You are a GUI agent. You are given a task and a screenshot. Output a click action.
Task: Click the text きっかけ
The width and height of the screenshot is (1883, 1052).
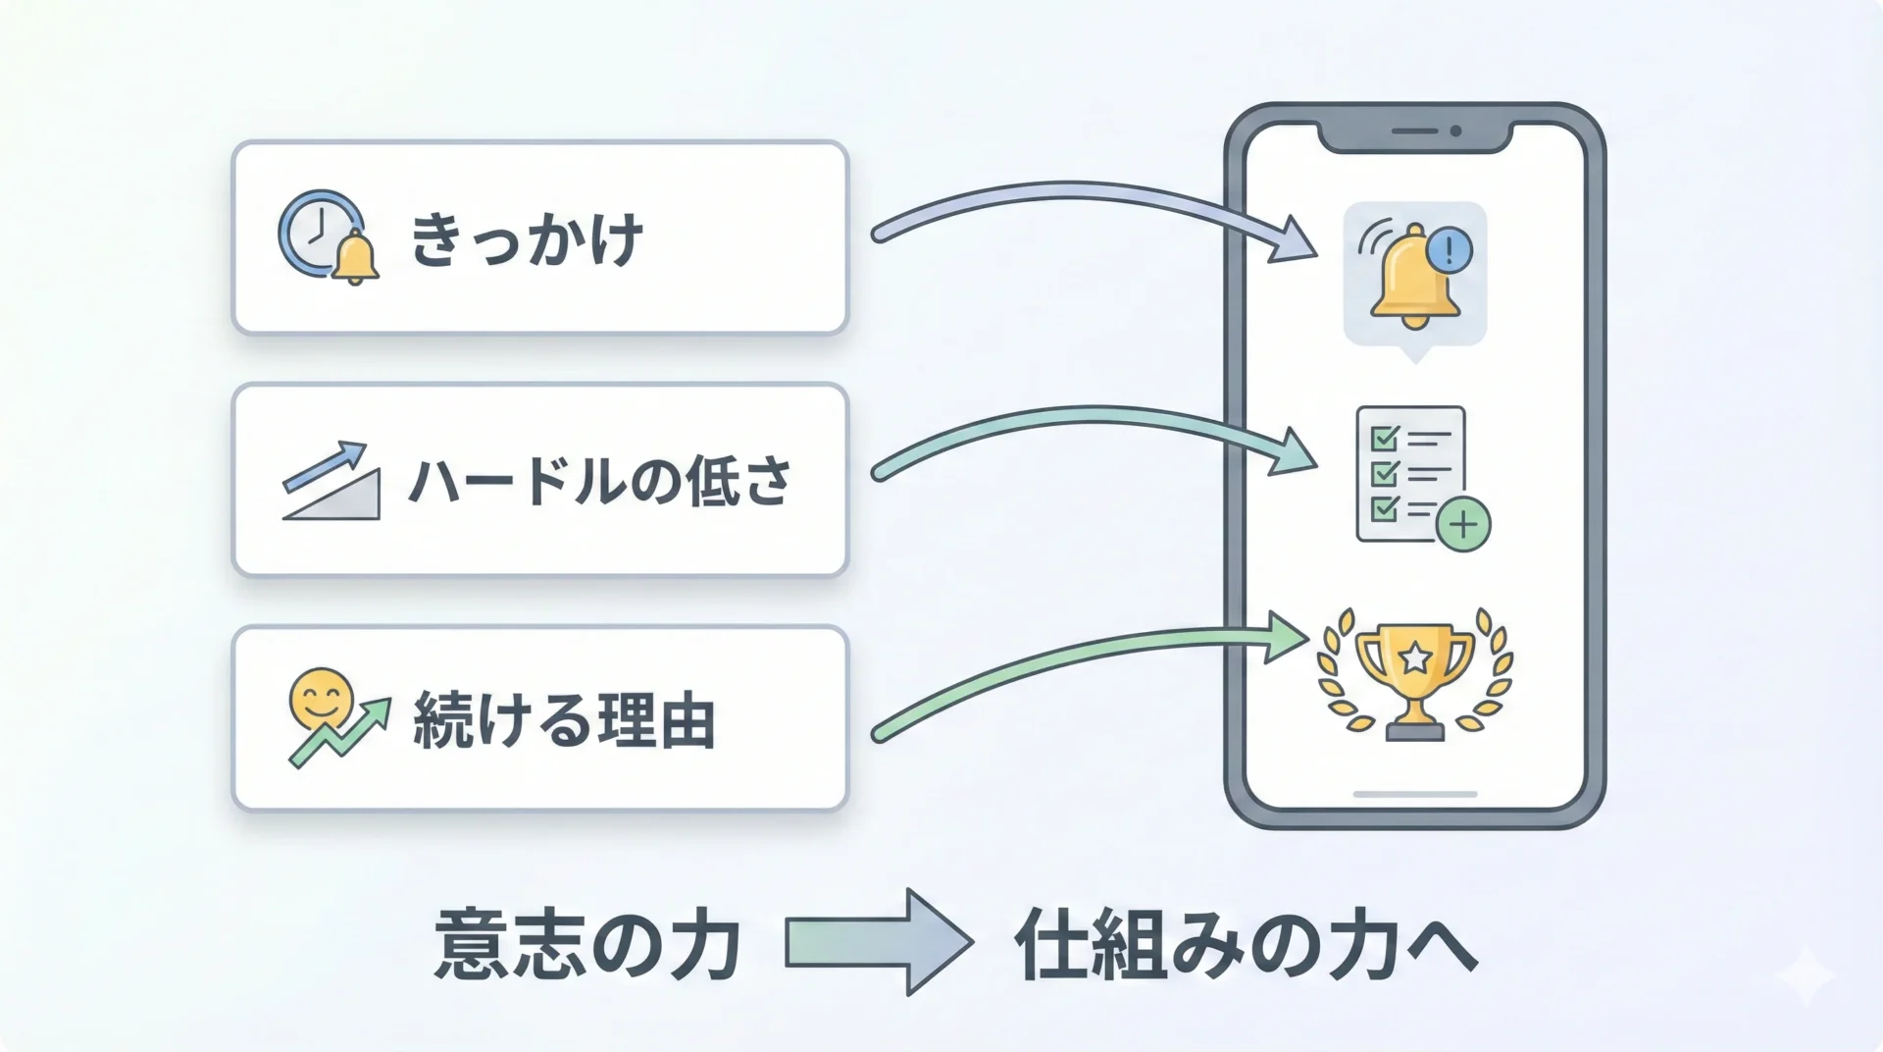527,239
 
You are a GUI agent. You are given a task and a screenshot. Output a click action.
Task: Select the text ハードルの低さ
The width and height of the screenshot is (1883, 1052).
598,481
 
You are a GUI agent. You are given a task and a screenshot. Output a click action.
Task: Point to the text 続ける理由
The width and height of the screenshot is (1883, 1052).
564,721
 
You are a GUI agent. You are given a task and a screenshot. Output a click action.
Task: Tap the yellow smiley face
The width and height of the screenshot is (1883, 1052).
321,699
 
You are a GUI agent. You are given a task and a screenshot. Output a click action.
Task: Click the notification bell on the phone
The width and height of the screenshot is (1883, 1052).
1412,275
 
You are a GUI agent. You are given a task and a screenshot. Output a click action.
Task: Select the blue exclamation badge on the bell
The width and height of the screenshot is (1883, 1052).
1449,249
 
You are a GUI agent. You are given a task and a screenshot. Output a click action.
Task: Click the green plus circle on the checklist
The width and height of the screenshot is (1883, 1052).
1463,525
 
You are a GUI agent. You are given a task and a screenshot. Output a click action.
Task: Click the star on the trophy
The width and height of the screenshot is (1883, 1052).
1414,657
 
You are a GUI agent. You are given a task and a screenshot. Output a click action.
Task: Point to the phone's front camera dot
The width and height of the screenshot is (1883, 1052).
1455,131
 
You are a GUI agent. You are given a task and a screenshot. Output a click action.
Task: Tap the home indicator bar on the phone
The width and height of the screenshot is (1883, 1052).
1414,794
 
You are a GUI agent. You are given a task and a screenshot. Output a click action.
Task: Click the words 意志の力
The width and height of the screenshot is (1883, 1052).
586,945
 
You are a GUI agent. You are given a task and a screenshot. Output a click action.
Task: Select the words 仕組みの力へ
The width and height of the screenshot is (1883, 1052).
1246,945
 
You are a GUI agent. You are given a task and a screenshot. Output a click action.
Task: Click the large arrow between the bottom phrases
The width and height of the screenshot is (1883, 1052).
879,942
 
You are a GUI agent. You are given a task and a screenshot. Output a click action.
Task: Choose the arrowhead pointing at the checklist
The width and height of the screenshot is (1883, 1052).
1293,453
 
